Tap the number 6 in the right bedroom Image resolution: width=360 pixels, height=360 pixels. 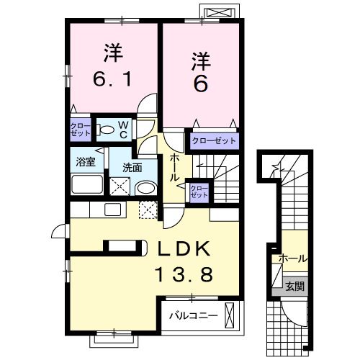200,84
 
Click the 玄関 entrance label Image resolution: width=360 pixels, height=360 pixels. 294,285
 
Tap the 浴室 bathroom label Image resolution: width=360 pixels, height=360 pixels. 85,161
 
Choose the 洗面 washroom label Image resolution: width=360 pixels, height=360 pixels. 131,167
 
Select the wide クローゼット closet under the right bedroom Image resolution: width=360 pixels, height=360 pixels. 213,140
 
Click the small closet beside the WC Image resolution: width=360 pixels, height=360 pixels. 80,130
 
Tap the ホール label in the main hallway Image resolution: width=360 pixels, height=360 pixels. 174,166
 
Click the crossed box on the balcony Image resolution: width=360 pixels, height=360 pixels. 230,314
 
